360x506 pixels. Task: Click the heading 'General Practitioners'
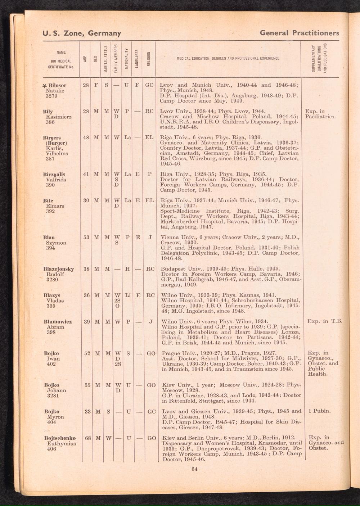pyautogui.click(x=299, y=33)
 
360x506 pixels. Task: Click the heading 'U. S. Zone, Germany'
pyautogui.click(x=82, y=34)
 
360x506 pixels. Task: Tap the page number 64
pyautogui.click(x=195, y=469)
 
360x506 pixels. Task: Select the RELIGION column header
pyautogui.click(x=148, y=59)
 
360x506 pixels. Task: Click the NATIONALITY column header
pyautogui.click(x=126, y=59)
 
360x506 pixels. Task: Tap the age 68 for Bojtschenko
pyautogui.click(x=87, y=438)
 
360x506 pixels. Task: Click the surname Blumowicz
pyautogui.click(x=58, y=322)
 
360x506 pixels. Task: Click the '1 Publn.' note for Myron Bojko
pyautogui.click(x=320, y=411)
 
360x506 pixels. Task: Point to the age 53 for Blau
pyautogui.click(x=86, y=238)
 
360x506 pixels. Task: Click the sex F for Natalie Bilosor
pyautogui.click(x=96, y=86)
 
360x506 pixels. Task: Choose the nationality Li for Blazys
pyautogui.click(x=127, y=295)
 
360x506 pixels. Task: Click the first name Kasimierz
pyautogui.click(x=59, y=117)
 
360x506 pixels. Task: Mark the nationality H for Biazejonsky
pyautogui.click(x=127, y=269)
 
